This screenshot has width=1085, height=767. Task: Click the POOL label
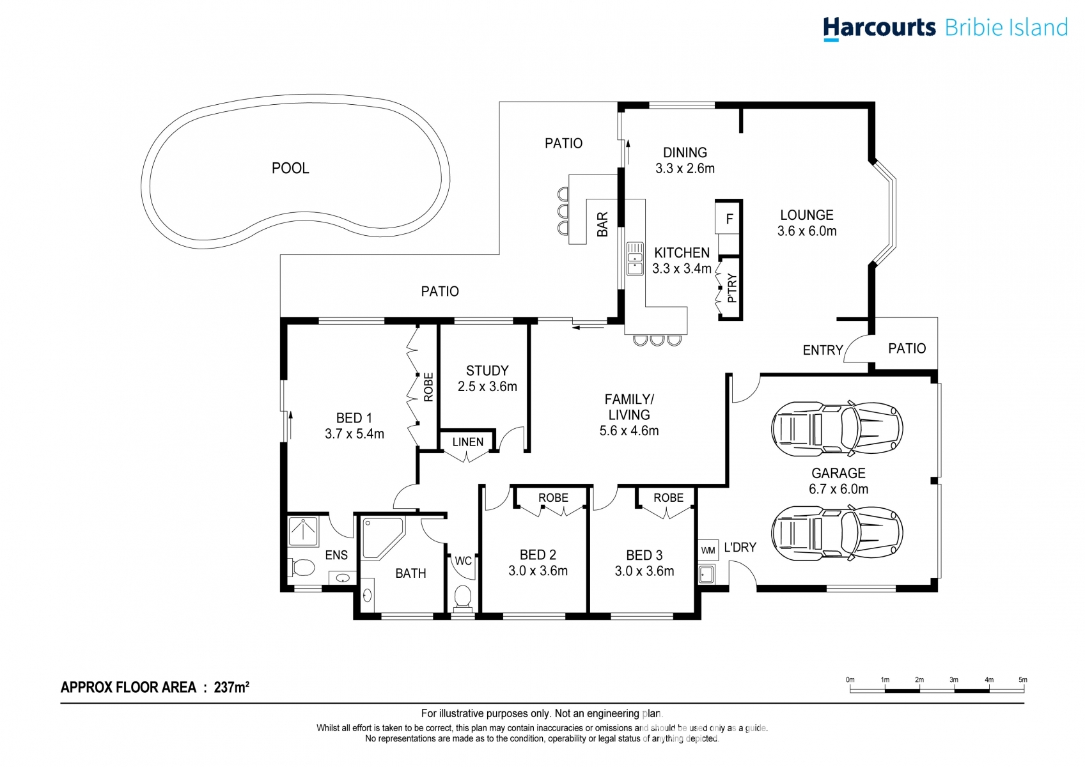290,168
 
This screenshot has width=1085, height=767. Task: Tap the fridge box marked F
729,219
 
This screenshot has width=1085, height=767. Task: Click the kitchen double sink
635,258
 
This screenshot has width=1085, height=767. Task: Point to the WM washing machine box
708,550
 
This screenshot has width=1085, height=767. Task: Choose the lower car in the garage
837,533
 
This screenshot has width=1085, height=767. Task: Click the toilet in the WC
462,597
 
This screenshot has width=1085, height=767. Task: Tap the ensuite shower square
302,531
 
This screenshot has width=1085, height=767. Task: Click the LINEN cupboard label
468,442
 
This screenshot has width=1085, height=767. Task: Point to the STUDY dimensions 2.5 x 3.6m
487,387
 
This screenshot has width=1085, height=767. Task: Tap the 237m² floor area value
231,687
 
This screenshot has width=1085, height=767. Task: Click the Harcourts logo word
878,28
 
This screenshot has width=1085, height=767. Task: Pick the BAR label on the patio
602,224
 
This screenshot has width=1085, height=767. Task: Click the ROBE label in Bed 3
668,498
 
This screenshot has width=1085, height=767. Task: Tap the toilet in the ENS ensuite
303,567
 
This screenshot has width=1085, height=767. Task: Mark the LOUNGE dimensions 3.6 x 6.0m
807,231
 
